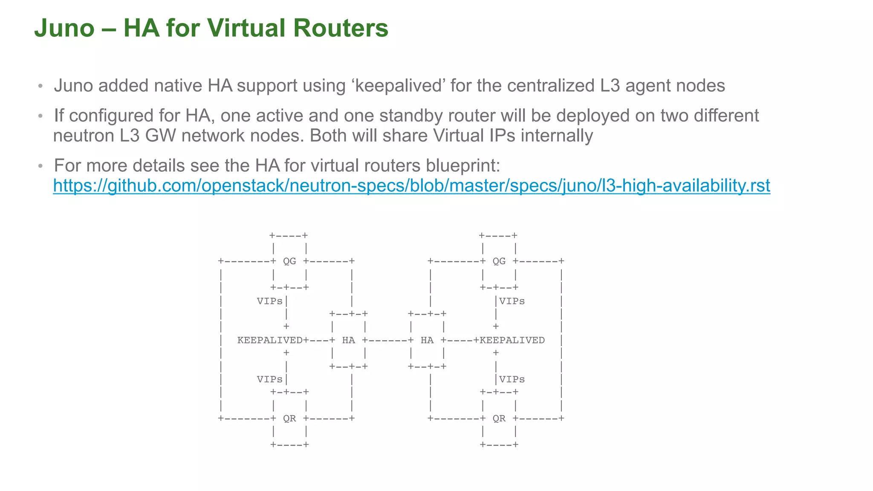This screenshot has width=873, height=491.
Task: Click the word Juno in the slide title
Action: pyautogui.click(x=64, y=28)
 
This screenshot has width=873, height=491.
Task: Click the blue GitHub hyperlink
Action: pyautogui.click(x=411, y=186)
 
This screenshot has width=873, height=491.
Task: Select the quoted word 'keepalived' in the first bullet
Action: pyautogui.click(x=398, y=86)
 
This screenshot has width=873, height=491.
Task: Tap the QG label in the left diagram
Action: pyautogui.click(x=289, y=261)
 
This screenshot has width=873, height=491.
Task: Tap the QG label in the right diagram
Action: pyautogui.click(x=499, y=261)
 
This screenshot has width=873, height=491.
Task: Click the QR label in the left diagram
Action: pyautogui.click(x=289, y=419)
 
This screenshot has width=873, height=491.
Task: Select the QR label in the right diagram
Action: pyautogui.click(x=499, y=419)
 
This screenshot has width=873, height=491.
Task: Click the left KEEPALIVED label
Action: pyautogui.click(x=270, y=340)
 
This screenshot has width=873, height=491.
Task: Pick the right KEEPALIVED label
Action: pyautogui.click(x=512, y=340)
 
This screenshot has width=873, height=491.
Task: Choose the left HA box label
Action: pyautogui.click(x=348, y=340)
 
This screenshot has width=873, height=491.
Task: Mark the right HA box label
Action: pyautogui.click(x=427, y=340)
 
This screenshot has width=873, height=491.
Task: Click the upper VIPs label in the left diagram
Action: pyautogui.click(x=269, y=301)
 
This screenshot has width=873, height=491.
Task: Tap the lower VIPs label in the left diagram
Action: pyautogui.click(x=269, y=379)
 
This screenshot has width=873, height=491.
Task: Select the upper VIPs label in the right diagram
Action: pyautogui.click(x=512, y=301)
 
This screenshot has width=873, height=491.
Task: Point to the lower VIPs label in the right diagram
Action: pyautogui.click(x=512, y=379)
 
